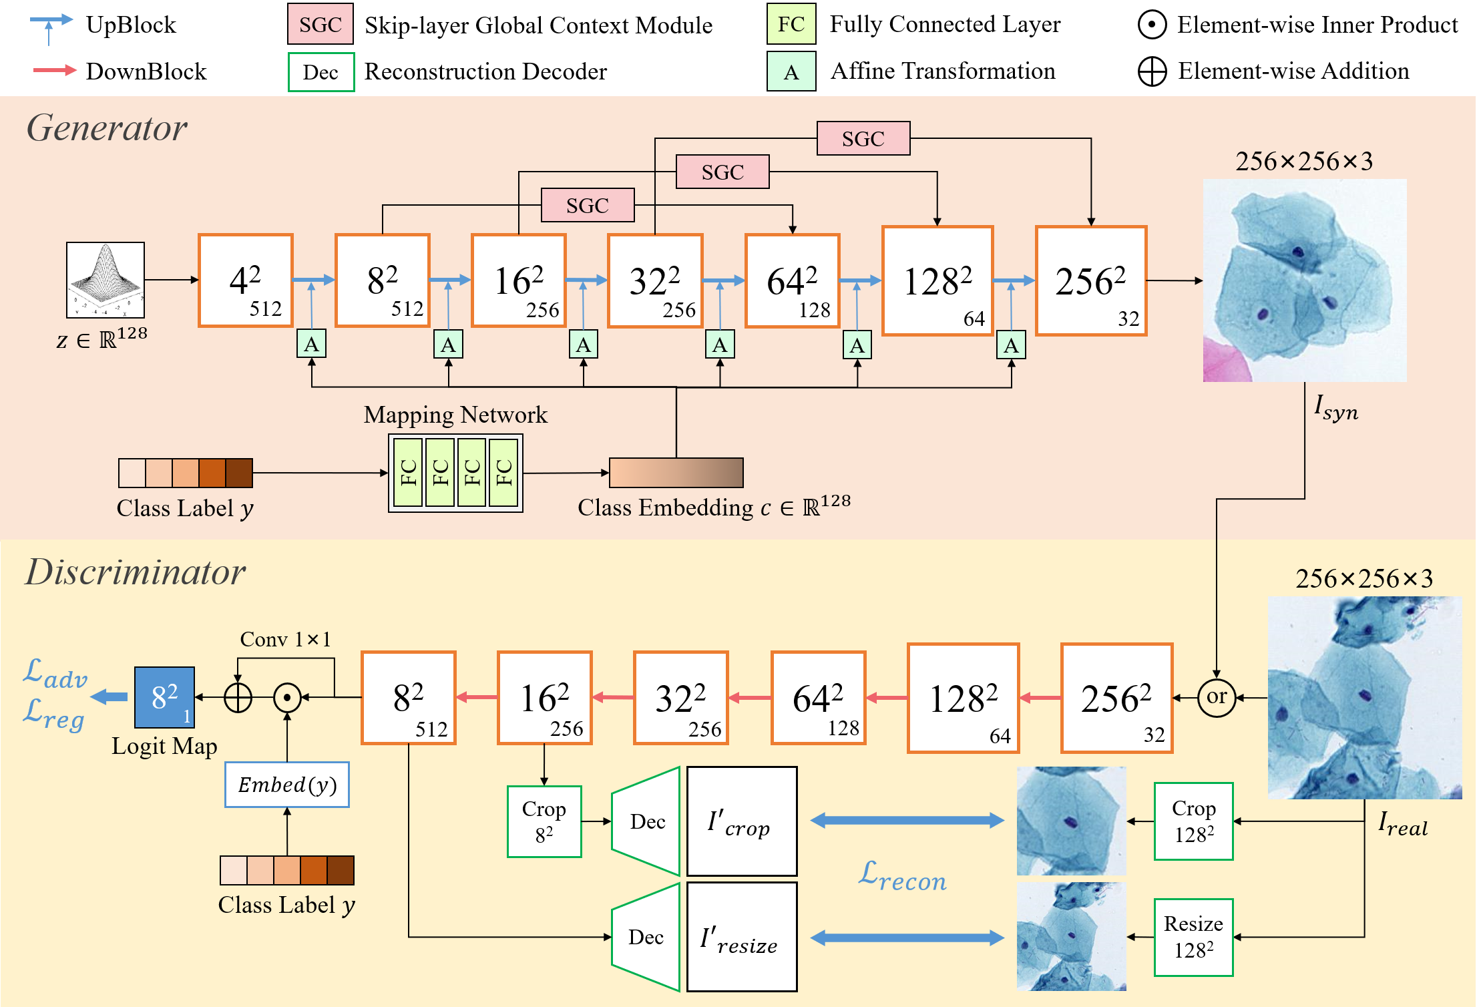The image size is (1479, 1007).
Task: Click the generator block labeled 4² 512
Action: pyautogui.click(x=246, y=280)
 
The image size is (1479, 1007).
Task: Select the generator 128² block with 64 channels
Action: pyautogui.click(x=937, y=280)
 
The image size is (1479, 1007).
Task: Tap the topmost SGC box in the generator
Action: pyautogui.click(x=863, y=138)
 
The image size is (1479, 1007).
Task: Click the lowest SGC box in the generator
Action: pyautogui.click(x=588, y=205)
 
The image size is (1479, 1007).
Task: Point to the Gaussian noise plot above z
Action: pyautogui.click(x=105, y=280)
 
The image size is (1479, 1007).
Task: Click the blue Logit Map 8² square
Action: pyautogui.click(x=164, y=697)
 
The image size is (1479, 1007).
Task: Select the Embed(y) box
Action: pyautogui.click(x=287, y=785)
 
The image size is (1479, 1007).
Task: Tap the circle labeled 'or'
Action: pyautogui.click(x=1217, y=697)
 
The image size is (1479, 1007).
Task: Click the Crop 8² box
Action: pyautogui.click(x=544, y=821)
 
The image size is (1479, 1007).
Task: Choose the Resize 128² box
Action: pyautogui.click(x=1194, y=937)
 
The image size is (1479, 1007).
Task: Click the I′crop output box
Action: pyautogui.click(x=742, y=821)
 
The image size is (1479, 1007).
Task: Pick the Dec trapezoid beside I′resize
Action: pyautogui.click(x=646, y=937)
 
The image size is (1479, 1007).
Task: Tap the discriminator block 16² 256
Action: pyautogui.click(x=545, y=698)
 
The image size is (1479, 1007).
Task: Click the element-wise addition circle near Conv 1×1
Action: pyautogui.click(x=238, y=698)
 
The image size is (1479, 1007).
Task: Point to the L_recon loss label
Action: pyautogui.click(x=903, y=876)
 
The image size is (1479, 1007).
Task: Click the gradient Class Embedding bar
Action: pyautogui.click(x=676, y=473)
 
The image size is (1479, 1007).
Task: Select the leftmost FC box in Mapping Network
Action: pyautogui.click(x=408, y=473)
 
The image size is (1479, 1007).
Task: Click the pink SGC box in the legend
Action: pyautogui.click(x=321, y=25)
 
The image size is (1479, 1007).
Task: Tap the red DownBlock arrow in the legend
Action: pyautogui.click(x=55, y=70)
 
